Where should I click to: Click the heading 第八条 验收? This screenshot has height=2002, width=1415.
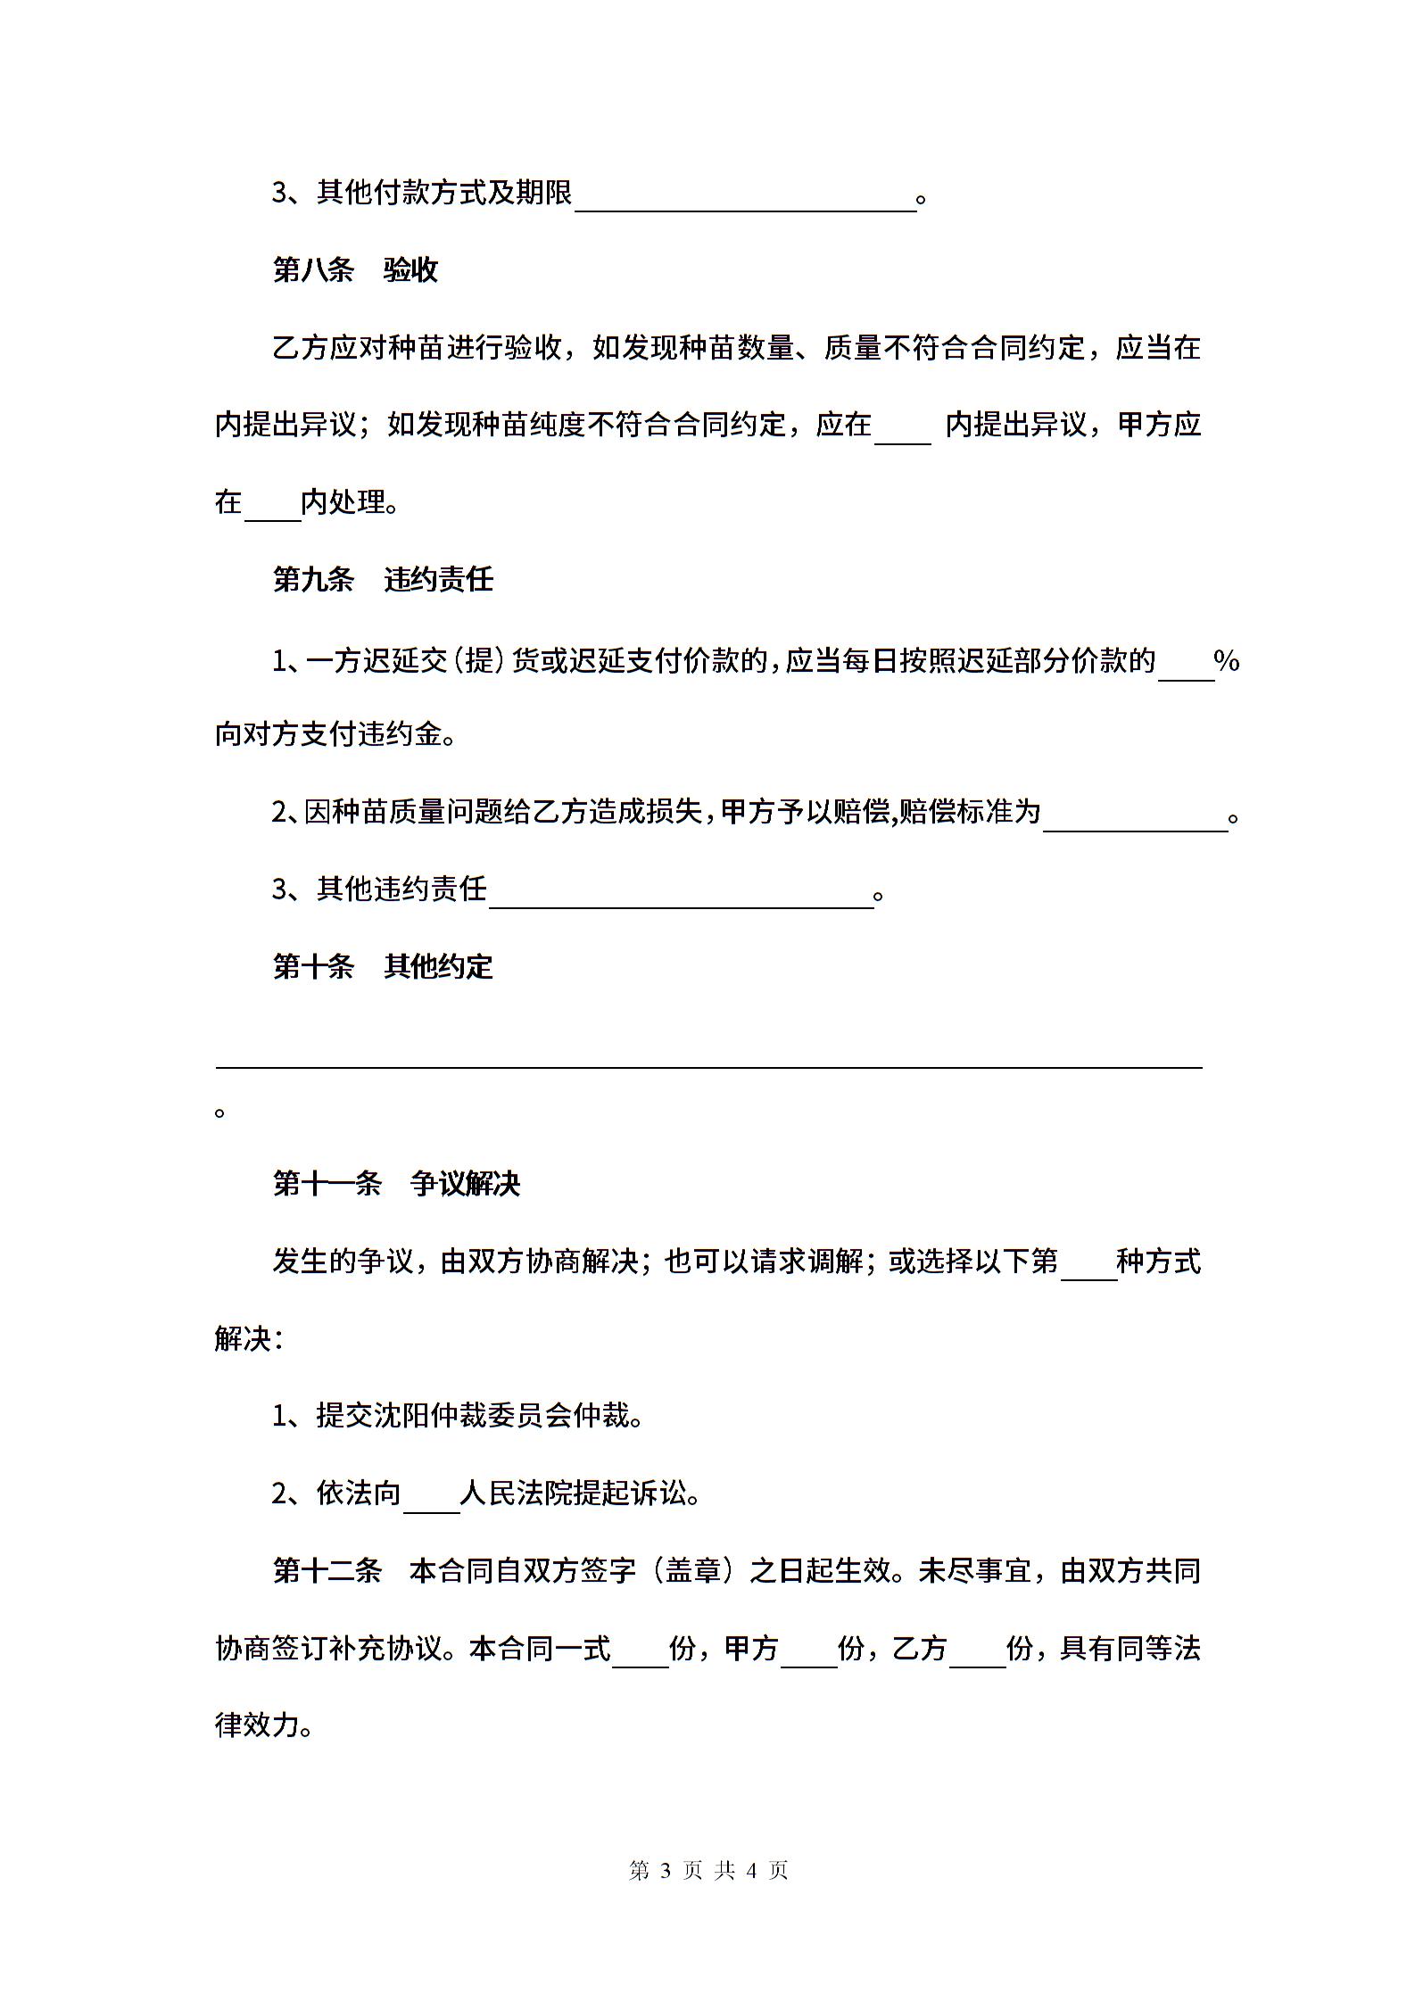[x=355, y=269]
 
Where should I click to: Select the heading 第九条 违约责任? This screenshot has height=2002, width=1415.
[x=383, y=580]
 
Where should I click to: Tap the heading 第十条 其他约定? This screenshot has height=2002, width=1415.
[x=383, y=966]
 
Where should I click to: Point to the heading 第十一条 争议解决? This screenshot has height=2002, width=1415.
[x=396, y=1184]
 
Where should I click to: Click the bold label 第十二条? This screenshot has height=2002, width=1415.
[x=327, y=1570]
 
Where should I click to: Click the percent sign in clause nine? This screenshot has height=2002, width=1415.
[x=1227, y=662]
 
